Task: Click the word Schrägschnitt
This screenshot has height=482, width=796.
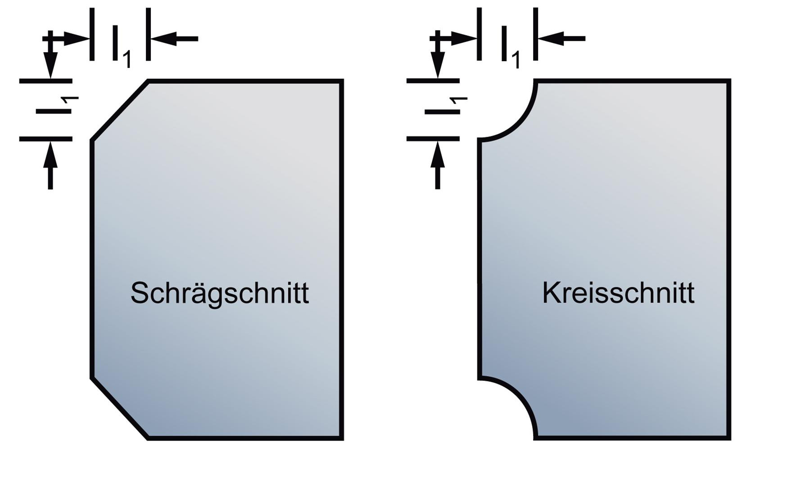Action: [x=220, y=294]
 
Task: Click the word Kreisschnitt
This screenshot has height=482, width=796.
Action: [x=618, y=293]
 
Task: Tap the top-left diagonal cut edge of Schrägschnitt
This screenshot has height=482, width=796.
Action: [x=120, y=111]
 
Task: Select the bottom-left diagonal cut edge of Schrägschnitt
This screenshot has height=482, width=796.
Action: [x=120, y=408]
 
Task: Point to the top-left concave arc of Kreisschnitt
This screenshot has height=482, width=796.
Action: [x=517, y=122]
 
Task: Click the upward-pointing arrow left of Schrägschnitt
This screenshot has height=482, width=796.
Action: [x=50, y=165]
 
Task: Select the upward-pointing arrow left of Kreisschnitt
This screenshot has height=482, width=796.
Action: [x=438, y=165]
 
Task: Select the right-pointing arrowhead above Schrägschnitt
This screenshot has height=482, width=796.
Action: [x=77, y=39]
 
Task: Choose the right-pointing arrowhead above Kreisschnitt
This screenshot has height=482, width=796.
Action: [x=464, y=39]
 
